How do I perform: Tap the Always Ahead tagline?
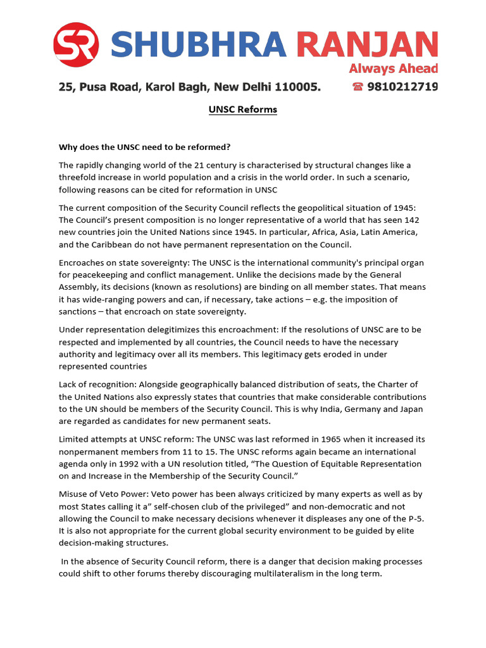point(394,68)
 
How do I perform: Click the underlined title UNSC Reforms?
point(243,109)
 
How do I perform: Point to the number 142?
point(411,220)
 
